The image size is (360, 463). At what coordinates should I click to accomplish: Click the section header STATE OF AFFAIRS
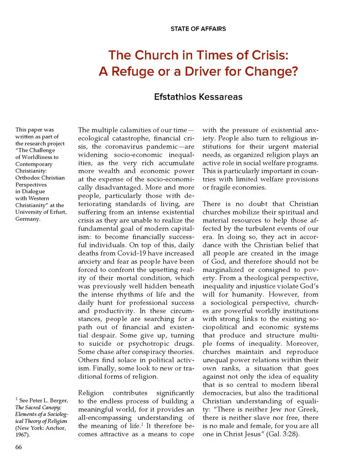point(198,29)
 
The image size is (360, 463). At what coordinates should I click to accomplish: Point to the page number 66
point(19,447)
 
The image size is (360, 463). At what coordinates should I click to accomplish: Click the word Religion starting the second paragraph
point(93,392)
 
